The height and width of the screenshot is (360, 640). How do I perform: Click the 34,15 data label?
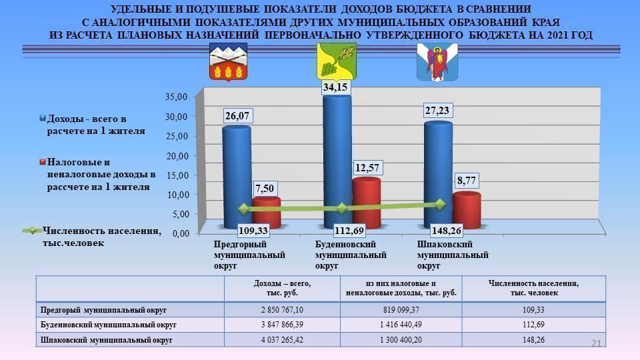(x=336, y=87)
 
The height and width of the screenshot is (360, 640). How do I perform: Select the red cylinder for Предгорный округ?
(x=266, y=213)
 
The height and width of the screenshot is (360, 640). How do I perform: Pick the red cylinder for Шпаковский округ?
(x=466, y=210)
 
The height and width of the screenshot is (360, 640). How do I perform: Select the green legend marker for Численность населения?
(x=31, y=231)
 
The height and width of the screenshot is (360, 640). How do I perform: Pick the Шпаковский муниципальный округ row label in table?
(x=107, y=339)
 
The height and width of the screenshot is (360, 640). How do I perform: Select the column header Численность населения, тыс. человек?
(x=533, y=289)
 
